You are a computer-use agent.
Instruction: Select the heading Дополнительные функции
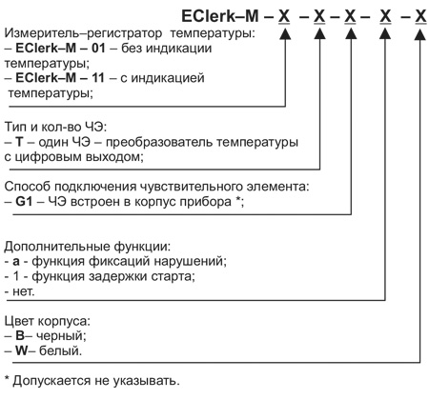[87, 247]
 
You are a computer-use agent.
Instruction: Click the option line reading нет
[22, 291]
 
